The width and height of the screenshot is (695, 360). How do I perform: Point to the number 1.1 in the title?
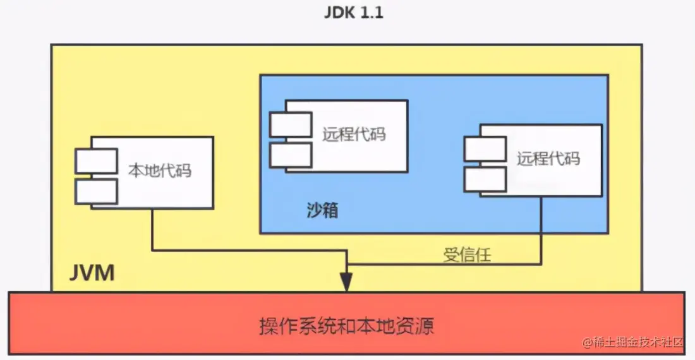[369, 13]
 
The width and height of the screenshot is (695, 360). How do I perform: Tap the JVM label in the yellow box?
[92, 274]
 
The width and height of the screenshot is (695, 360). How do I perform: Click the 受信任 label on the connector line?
[467, 255]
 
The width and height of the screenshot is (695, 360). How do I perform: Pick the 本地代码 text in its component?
[160, 171]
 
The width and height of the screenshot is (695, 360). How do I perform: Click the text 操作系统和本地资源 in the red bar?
[346, 327]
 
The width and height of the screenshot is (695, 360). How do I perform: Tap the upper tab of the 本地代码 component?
[96, 161]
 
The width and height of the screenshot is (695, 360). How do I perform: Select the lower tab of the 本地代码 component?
[96, 191]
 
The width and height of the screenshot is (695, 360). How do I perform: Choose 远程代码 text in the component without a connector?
[354, 135]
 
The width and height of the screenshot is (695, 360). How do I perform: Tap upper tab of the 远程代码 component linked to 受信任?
[485, 148]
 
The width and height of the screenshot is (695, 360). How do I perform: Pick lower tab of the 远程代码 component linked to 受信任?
[485, 179]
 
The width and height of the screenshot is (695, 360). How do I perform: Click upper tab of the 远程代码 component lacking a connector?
[290, 124]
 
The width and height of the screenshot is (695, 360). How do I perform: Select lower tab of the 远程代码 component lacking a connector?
[290, 155]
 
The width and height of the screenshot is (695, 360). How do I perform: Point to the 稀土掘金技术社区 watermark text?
[638, 342]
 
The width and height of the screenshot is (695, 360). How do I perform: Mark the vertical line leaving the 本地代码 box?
[152, 227]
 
